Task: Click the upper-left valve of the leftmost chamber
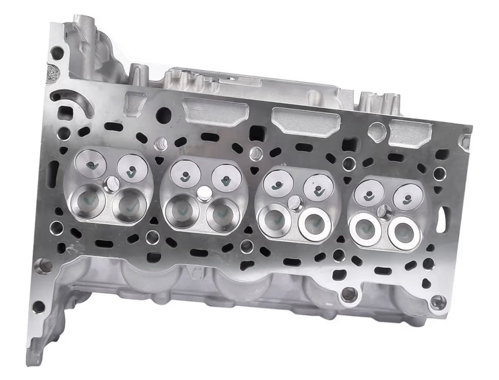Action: (91, 164)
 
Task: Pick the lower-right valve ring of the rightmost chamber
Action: (404, 232)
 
